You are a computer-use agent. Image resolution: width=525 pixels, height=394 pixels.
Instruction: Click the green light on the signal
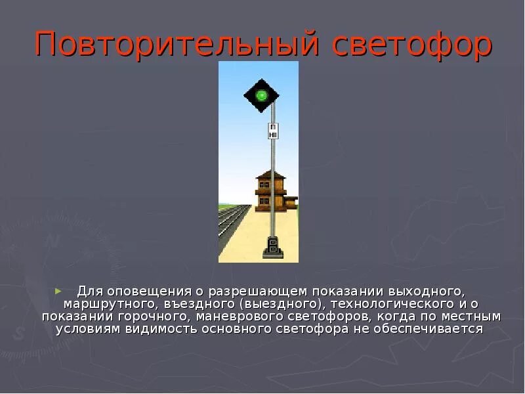pyautogui.click(x=262, y=95)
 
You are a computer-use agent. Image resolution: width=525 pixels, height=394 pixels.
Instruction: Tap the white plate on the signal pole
pyautogui.click(x=273, y=130)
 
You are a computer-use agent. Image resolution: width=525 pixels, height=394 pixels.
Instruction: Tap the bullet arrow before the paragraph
pyautogui.click(x=58, y=290)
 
